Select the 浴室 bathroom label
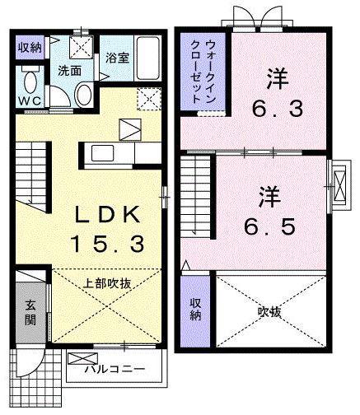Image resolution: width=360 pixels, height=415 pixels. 116,58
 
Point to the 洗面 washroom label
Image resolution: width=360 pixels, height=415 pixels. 68,71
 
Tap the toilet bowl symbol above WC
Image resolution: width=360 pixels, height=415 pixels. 30,82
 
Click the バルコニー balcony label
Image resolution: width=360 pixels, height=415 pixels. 116,368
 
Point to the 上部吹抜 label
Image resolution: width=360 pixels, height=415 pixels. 107,282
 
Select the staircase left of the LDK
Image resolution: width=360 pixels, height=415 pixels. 32,173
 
